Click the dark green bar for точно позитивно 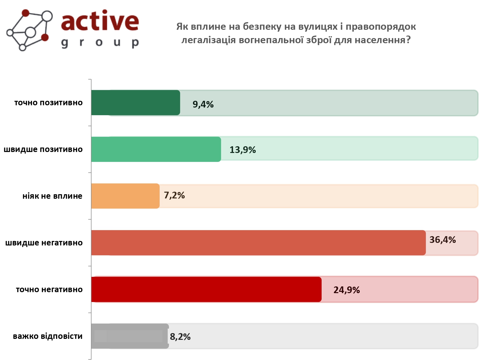tap(136, 103)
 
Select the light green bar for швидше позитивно tap(156, 149)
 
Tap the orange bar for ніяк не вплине tap(125, 196)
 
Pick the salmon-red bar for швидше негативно tap(259, 243)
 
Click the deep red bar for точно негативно tap(206, 290)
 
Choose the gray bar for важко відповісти tap(130, 336)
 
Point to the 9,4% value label tap(203, 104)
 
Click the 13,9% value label tap(243, 150)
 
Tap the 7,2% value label tap(174, 195)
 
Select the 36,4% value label tap(443, 240)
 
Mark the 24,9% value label tap(347, 290)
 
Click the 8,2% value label tap(180, 337)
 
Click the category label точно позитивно tap(48, 103)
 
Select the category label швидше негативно tap(44, 243)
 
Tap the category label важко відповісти tap(48, 336)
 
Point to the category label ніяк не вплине tap(52, 196)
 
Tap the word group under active tap(100, 43)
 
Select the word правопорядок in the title tap(381, 27)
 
